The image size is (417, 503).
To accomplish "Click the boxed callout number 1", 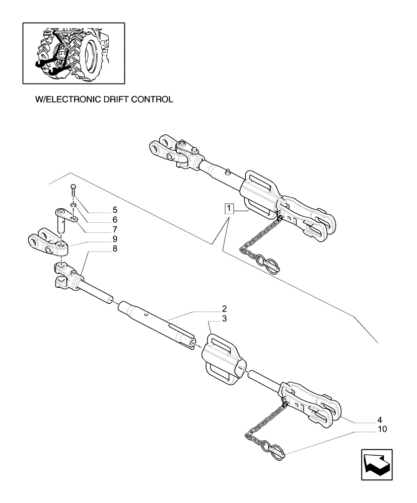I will [230, 209].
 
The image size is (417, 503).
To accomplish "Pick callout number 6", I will [115, 219].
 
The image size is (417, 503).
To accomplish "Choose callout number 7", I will [115, 228].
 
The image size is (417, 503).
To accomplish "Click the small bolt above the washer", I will [74, 190].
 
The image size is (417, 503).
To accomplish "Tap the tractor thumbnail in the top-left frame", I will [74, 52].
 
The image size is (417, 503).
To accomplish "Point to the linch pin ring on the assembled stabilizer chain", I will [268, 265].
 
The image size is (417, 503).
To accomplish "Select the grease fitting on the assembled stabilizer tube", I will [228, 173].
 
